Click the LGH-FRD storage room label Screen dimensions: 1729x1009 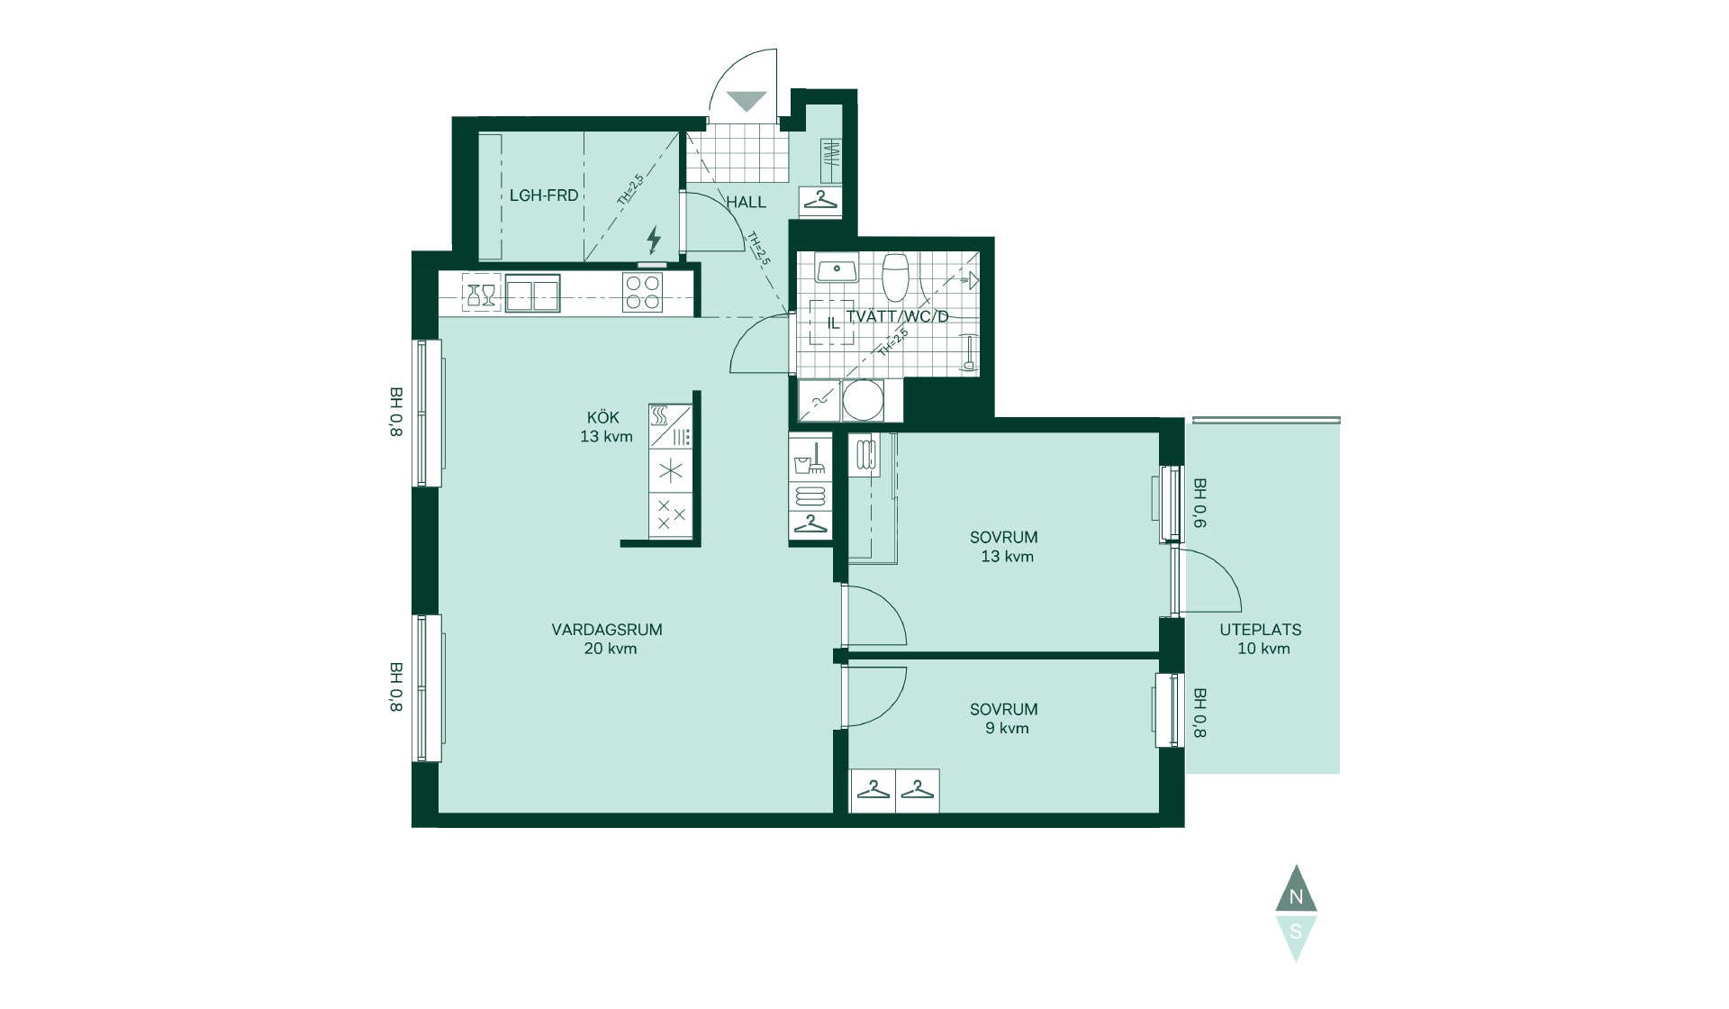(544, 195)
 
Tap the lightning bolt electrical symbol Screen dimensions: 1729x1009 (654, 240)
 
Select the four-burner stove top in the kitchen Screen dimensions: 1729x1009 (643, 293)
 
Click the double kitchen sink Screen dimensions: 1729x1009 (532, 294)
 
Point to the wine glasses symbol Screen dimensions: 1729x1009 (481, 294)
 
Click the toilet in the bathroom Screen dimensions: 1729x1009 (895, 277)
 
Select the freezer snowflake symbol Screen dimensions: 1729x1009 (671, 470)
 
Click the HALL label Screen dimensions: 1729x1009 (747, 202)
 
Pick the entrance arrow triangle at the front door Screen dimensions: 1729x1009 (747, 101)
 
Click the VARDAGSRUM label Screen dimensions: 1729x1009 (607, 630)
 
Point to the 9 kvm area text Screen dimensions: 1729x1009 (1007, 728)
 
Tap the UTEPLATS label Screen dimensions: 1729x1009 (1261, 630)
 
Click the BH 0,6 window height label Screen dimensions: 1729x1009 (1199, 503)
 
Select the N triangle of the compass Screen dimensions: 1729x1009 (1296, 889)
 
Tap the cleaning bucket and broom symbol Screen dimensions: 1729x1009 (810, 459)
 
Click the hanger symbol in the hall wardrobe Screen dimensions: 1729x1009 (820, 199)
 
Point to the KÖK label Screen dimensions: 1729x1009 (603, 417)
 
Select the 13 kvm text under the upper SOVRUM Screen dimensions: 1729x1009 (1007, 556)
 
